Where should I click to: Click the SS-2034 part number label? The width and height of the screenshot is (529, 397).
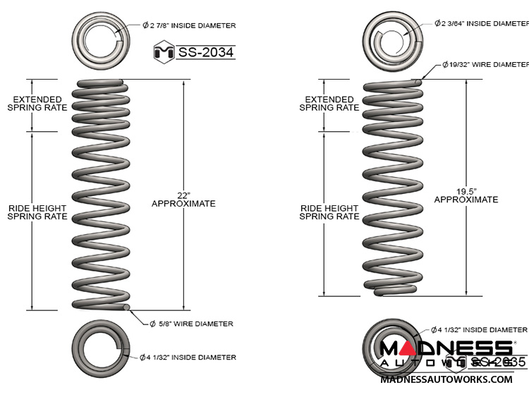coord(205,51)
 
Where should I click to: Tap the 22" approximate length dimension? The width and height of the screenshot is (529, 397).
coord(183,198)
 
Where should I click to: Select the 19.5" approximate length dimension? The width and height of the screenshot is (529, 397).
coord(466,195)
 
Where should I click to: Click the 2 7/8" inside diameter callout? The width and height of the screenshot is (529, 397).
coord(188,25)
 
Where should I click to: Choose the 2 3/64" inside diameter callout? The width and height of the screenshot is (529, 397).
coord(480,23)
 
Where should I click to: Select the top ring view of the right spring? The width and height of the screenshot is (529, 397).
coord(392,32)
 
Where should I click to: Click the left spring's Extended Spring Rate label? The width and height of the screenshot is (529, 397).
coord(37,104)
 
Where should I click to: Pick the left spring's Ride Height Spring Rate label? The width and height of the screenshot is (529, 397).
coord(37,212)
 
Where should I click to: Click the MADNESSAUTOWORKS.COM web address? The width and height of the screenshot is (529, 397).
coord(446,379)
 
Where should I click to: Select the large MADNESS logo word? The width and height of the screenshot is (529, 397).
coord(446,348)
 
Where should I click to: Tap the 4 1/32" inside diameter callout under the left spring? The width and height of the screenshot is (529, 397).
coord(187,357)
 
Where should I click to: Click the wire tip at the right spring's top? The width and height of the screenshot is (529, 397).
coord(420,82)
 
